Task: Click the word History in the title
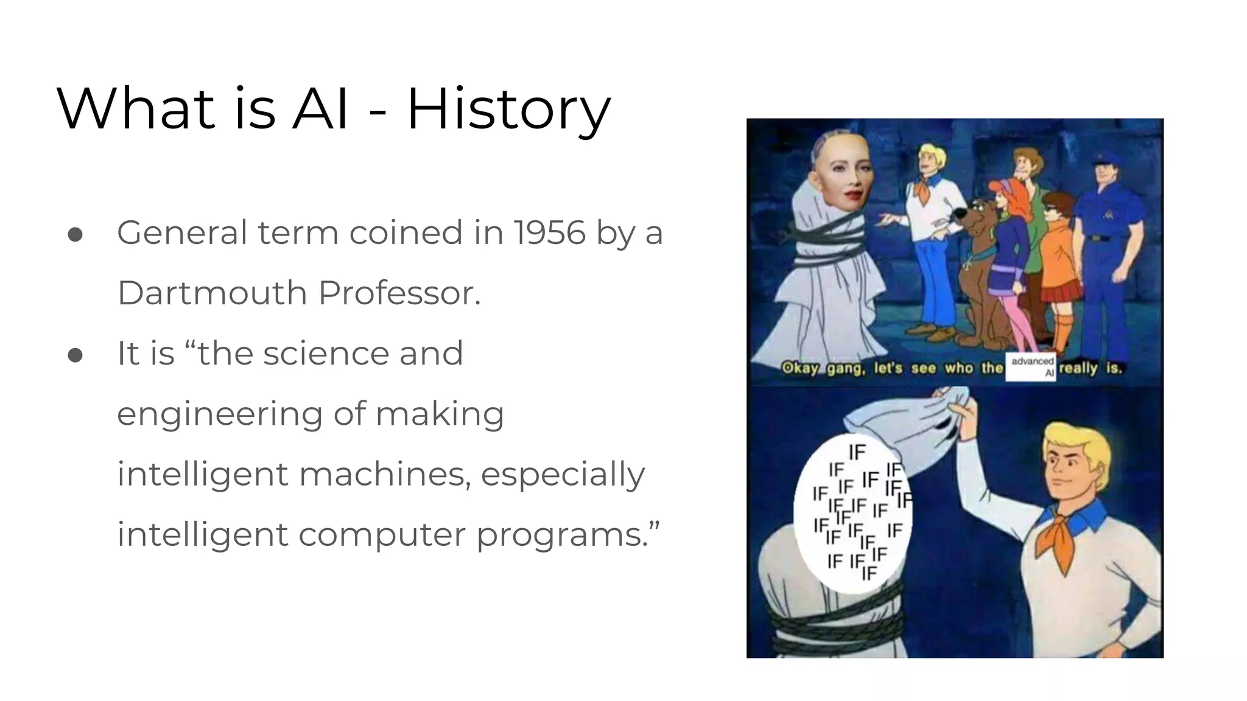[x=508, y=110]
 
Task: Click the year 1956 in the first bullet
[x=549, y=233]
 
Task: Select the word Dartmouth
[x=212, y=293]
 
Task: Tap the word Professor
[x=399, y=293]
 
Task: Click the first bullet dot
[x=76, y=235]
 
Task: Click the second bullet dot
[x=76, y=355]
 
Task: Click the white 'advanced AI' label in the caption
[x=1032, y=368]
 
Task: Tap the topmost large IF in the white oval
[x=857, y=452]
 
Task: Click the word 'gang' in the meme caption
[x=845, y=369]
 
